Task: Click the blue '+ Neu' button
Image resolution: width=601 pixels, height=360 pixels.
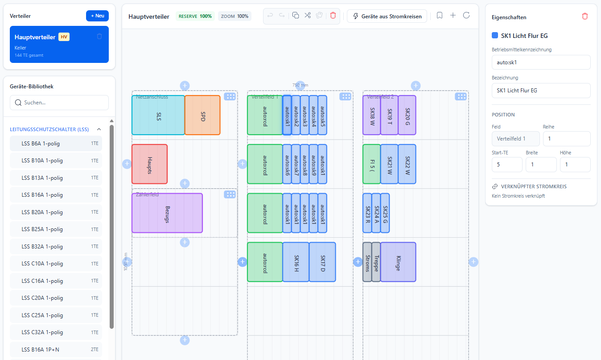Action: pyautogui.click(x=97, y=16)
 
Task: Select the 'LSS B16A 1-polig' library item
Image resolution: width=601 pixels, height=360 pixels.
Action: pyautogui.click(x=56, y=195)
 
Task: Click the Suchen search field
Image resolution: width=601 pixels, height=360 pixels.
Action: pyautogui.click(x=59, y=103)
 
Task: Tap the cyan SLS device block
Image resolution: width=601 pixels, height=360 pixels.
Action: pyautogui.click(x=158, y=115)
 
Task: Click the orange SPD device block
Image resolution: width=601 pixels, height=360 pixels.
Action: pyautogui.click(x=202, y=115)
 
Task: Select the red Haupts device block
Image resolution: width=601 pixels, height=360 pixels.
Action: pyautogui.click(x=149, y=164)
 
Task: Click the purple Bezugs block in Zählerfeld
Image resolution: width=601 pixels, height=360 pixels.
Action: pyautogui.click(x=167, y=213)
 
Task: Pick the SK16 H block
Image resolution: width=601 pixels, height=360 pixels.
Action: pyautogui.click(x=296, y=262)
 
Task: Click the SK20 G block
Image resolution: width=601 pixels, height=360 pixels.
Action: pyautogui.click(x=407, y=115)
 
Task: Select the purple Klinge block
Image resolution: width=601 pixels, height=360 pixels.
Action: pyautogui.click(x=398, y=262)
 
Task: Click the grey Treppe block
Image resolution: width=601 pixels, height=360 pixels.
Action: pyautogui.click(x=376, y=262)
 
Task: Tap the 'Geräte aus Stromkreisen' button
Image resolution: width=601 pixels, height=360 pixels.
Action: pyautogui.click(x=387, y=16)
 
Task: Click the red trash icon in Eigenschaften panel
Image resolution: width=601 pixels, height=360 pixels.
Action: pyautogui.click(x=585, y=16)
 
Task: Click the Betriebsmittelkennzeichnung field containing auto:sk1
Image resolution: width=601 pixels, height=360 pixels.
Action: pyautogui.click(x=541, y=62)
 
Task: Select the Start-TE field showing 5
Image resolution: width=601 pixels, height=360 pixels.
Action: pyautogui.click(x=507, y=164)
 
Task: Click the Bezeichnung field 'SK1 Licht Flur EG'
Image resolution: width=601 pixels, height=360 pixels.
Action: pyautogui.click(x=541, y=90)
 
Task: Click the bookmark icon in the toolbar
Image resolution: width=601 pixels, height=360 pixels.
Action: pyautogui.click(x=440, y=16)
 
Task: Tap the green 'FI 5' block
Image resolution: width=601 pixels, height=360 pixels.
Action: pyautogui.click(x=372, y=164)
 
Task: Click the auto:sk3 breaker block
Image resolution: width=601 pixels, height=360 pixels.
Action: pyautogui.click(x=305, y=115)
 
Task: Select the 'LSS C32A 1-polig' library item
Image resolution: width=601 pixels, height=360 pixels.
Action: pyautogui.click(x=56, y=332)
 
